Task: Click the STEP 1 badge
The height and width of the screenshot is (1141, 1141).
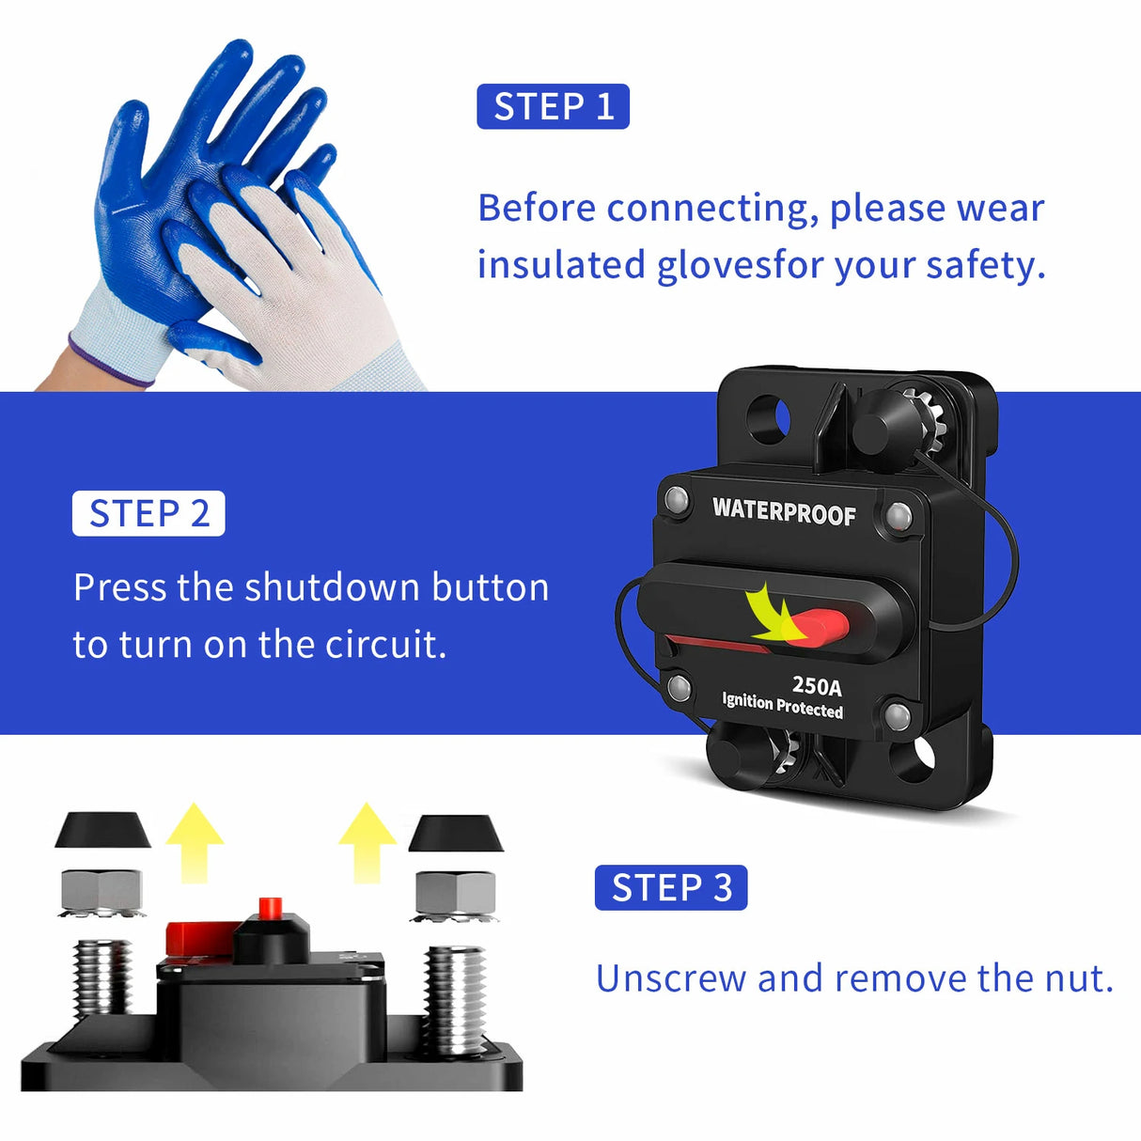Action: point(553,106)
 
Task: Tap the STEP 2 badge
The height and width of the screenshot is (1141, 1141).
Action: point(148,513)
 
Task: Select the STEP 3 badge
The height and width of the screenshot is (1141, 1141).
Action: point(670,887)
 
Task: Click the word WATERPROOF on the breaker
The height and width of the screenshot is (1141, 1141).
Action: point(784,511)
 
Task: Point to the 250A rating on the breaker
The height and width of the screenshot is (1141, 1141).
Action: point(816,685)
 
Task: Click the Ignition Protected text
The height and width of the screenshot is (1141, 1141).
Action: point(782,705)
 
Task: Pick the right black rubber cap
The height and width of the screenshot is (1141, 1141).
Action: point(456,833)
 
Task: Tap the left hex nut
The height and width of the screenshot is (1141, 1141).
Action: point(102,890)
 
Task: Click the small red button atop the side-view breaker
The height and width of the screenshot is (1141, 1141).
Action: point(271,907)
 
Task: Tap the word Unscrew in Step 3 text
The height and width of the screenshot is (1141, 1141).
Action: point(671,978)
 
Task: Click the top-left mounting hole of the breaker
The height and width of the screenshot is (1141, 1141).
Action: point(768,419)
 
